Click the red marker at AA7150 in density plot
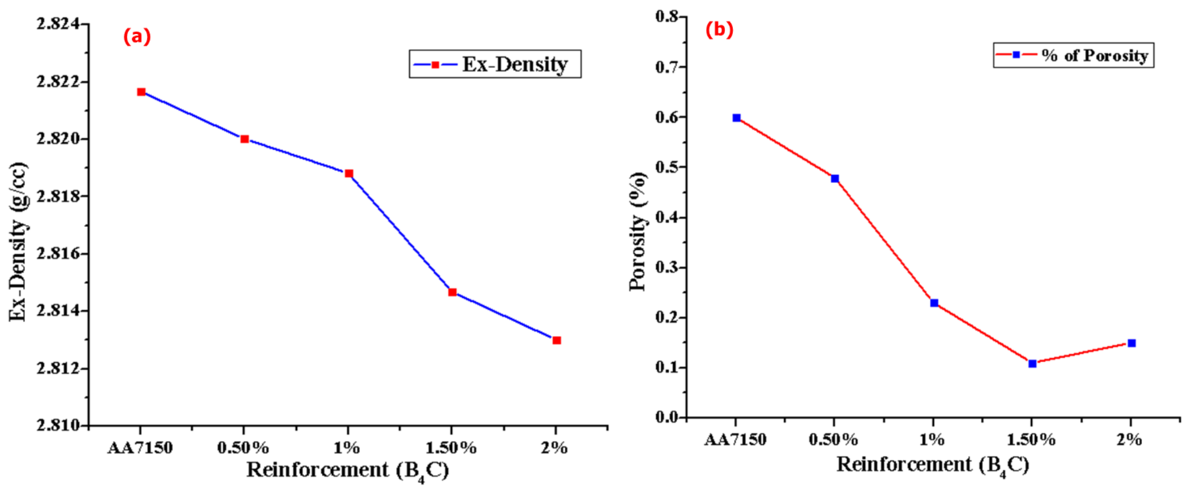(141, 92)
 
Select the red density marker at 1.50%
(453, 292)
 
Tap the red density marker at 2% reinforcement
(557, 340)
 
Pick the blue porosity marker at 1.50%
(1032, 364)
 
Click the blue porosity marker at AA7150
(736, 118)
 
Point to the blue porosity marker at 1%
(934, 303)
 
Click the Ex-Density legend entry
(495, 64)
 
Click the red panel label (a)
(137, 37)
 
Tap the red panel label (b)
(719, 30)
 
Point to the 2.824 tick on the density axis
(58, 24)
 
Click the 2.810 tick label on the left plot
(58, 425)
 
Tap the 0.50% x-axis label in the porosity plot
(834, 440)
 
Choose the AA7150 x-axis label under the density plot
(140, 448)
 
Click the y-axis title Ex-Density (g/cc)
(19, 242)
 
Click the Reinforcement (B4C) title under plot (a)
(348, 470)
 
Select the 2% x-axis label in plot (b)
(1129, 440)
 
